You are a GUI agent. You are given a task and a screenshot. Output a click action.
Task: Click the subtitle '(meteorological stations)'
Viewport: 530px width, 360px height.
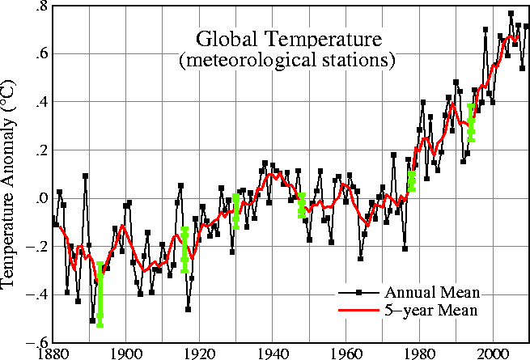coord(286,60)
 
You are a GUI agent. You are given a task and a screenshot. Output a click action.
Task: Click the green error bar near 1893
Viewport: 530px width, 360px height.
coord(100,294)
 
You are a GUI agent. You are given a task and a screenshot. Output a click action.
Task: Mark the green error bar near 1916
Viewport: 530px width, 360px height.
coord(185,249)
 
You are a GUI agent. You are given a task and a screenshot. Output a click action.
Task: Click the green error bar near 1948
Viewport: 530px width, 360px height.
coord(302,205)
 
